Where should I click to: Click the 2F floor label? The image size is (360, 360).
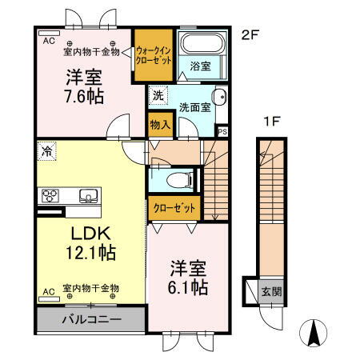250,34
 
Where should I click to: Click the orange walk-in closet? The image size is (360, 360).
152,55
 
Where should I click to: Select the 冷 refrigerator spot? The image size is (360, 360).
48,150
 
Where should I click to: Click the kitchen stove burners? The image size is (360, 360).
50,195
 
